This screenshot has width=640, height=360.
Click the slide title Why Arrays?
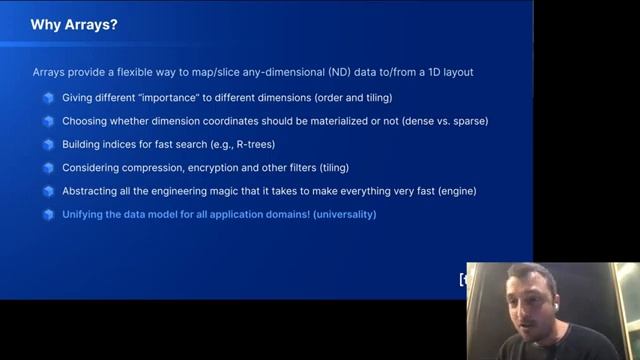point(74,24)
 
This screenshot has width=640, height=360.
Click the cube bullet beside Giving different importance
point(48,98)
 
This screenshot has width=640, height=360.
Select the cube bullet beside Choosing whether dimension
point(48,121)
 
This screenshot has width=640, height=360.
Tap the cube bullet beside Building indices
point(48,144)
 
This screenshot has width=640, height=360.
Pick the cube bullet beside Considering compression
point(48,167)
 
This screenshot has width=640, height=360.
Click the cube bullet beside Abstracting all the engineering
point(48,190)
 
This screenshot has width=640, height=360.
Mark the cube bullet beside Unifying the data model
point(48,214)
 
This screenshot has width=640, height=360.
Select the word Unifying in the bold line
point(85,214)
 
